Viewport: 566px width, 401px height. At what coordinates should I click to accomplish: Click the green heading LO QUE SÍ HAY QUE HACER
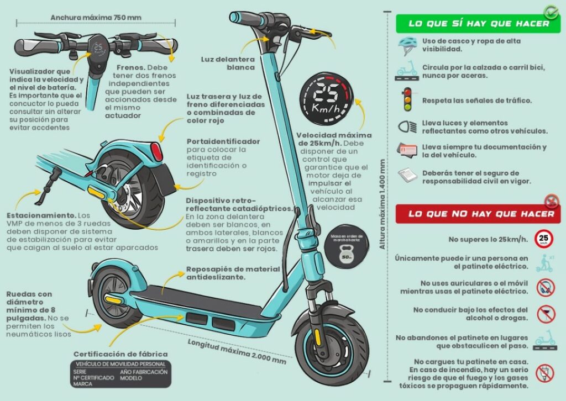point(478,23)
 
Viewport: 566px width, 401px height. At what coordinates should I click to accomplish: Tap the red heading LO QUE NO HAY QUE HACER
point(478,214)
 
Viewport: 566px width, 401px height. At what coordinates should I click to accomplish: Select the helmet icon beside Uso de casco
point(407,45)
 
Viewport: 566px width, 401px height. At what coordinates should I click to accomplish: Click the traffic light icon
point(407,99)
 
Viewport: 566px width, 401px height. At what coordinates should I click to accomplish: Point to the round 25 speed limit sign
point(544,239)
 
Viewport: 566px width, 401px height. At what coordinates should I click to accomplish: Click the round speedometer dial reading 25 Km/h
point(325,100)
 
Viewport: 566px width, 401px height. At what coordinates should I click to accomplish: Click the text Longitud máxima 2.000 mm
point(237,350)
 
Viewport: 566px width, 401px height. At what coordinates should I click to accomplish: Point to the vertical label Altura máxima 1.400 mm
point(382,204)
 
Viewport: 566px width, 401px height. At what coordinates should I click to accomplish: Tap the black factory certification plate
point(121,374)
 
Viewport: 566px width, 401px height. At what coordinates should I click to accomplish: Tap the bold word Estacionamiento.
point(41,214)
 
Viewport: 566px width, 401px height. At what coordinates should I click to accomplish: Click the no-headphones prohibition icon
point(545,287)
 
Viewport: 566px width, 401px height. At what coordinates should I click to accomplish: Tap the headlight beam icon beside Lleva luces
point(407,126)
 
